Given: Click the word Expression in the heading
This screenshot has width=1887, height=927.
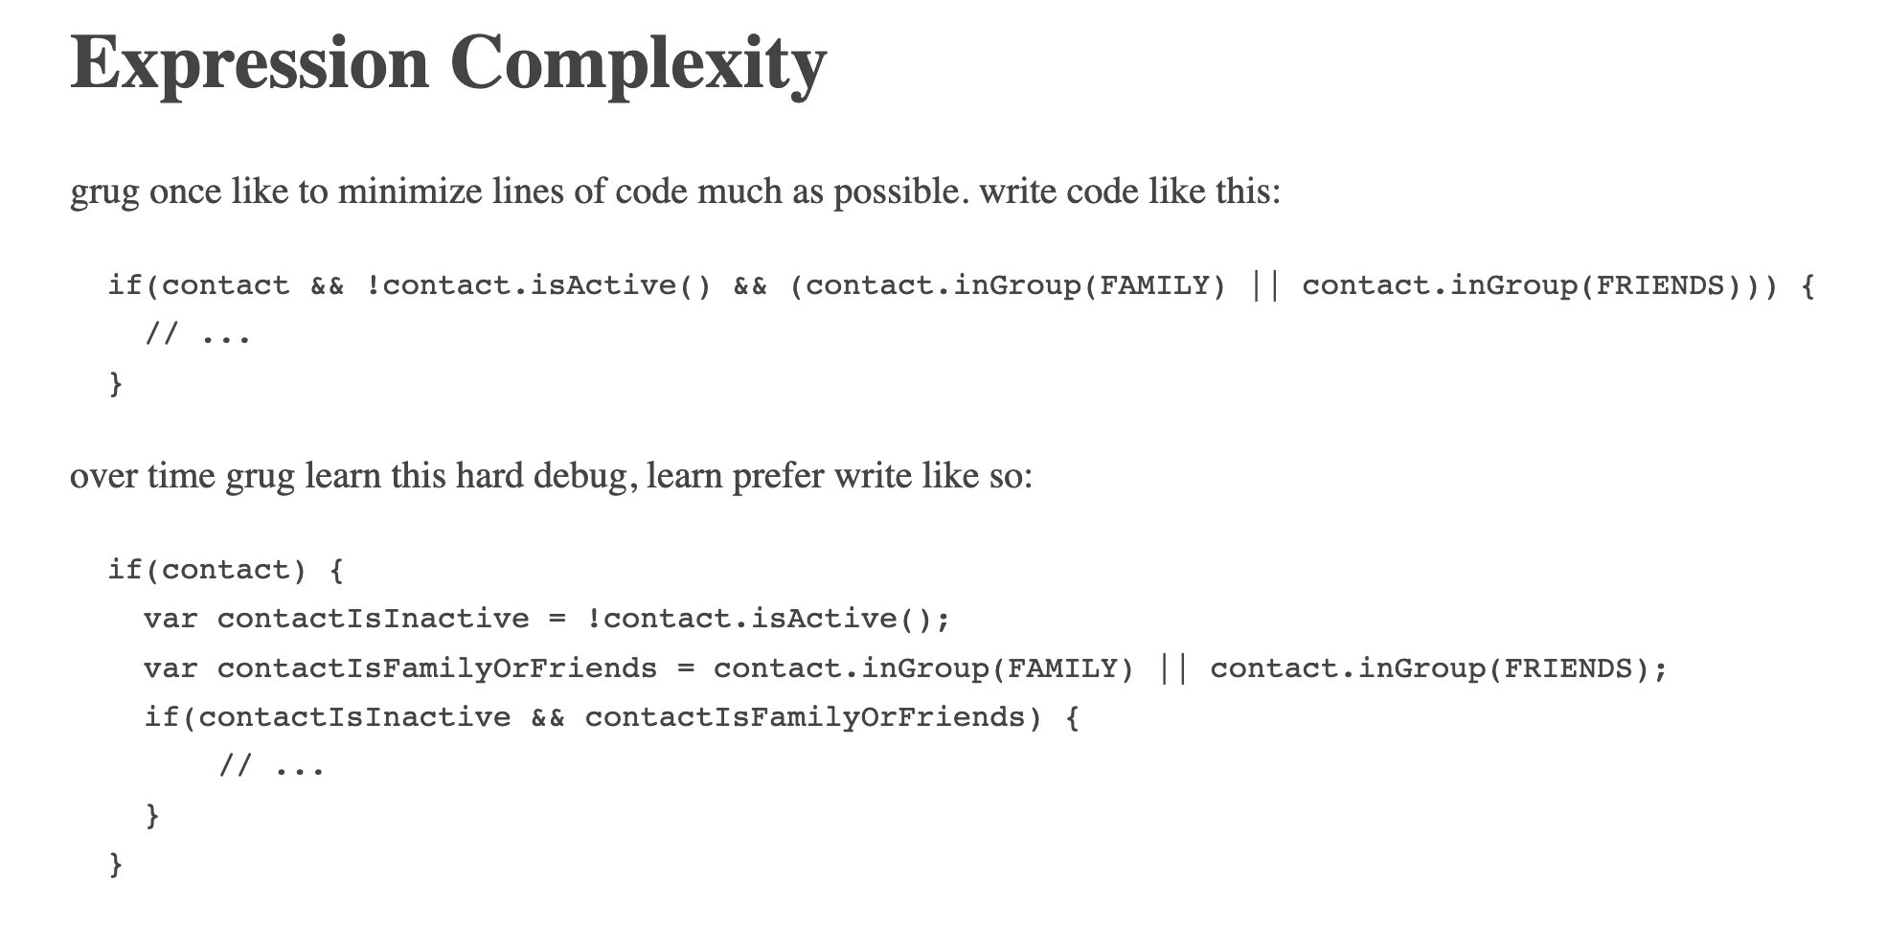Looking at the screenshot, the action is (249, 63).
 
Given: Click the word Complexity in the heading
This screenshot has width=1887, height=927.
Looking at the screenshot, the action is (638, 63).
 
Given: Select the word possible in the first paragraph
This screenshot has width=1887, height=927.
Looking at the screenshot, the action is (895, 192).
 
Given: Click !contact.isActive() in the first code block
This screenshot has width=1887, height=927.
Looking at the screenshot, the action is (538, 285).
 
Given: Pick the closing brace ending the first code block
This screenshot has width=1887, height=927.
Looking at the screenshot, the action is (116, 384).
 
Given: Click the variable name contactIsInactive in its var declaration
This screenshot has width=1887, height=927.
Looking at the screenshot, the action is (373, 619).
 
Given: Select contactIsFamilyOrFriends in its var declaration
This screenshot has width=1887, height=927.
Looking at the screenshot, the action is (437, 668).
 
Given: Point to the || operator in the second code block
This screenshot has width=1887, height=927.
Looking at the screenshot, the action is (1172, 668).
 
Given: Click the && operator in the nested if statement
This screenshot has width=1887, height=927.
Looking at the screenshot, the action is (547, 717).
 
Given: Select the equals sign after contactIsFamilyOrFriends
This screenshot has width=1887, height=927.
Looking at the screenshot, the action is (685, 668).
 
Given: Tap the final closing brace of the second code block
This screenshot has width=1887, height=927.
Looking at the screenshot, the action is (116, 865).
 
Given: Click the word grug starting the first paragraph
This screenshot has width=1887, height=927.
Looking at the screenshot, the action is (104, 192).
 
